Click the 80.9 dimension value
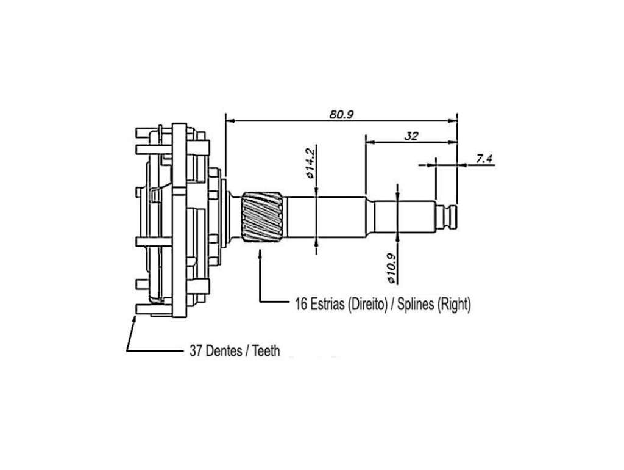coord(341,114)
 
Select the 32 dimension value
coord(411,136)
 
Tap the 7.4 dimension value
coord(484,159)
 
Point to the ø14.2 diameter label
coord(310,162)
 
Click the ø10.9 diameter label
coord(392,269)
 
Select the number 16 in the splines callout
coord(301,305)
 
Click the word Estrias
coord(327,305)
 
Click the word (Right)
coord(454,305)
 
